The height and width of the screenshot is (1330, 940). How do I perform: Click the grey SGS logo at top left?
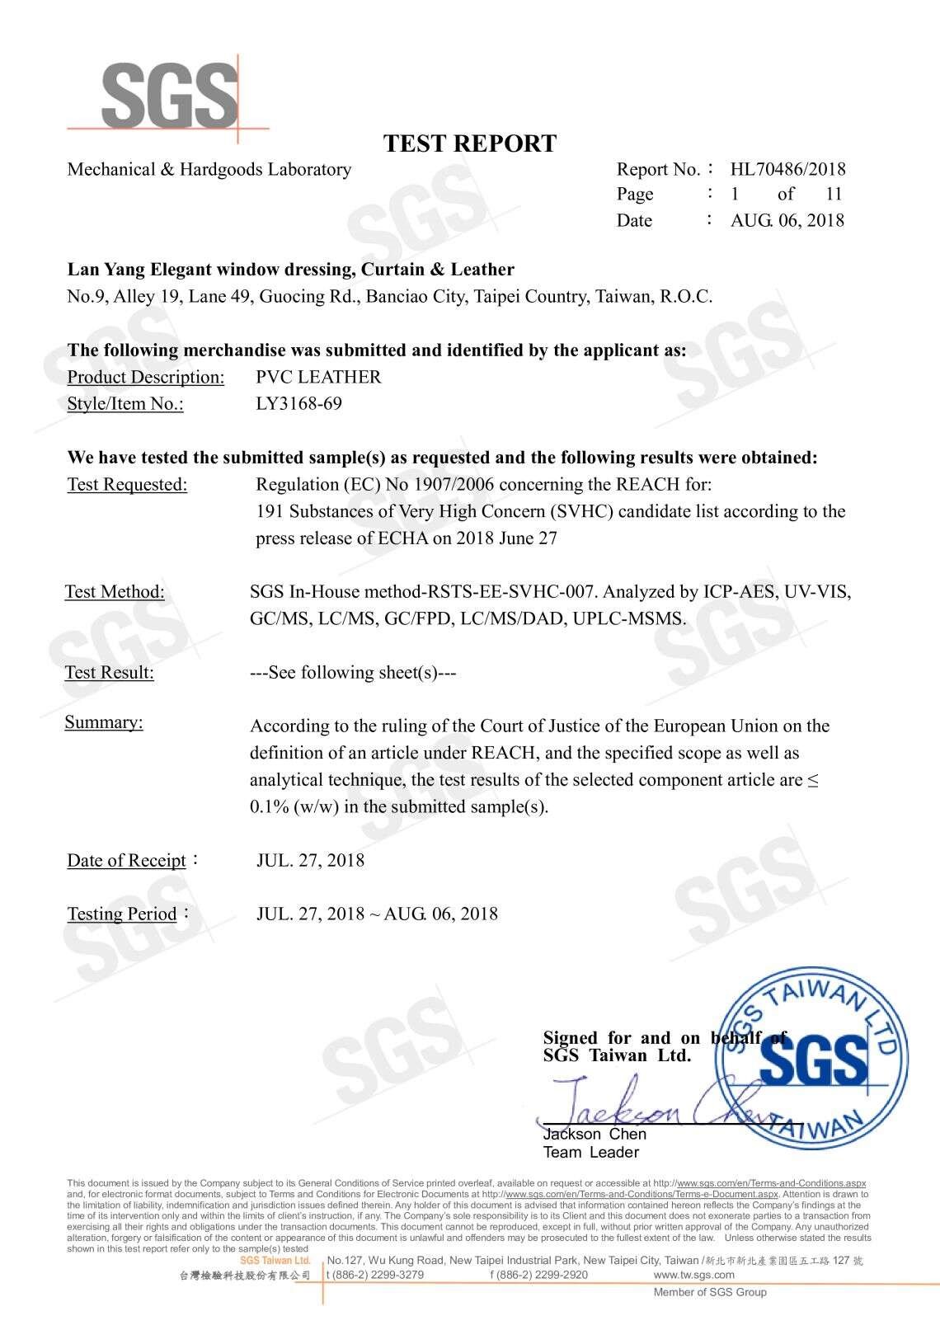pos(169,94)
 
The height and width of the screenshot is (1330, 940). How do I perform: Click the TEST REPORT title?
pos(470,143)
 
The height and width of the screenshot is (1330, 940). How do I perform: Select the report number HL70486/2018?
pos(787,169)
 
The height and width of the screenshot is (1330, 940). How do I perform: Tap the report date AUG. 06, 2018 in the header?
pos(787,220)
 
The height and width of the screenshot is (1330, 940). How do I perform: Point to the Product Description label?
pos(146,377)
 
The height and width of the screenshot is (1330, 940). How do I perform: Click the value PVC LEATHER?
pos(319,377)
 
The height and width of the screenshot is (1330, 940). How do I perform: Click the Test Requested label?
pos(127,484)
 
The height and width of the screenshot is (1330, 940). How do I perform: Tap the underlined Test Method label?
pos(115,591)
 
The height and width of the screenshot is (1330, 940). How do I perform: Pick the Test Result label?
pos(110,672)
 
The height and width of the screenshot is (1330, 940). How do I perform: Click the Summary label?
pos(104,722)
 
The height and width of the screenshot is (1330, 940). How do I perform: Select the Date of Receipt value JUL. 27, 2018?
pos(310,860)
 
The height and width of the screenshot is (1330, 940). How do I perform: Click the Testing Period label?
pos(122,914)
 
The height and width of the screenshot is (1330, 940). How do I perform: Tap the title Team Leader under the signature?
pos(590,1152)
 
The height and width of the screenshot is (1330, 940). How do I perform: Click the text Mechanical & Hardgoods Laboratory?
pos(209,169)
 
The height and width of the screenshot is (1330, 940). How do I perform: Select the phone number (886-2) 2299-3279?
pos(377,1274)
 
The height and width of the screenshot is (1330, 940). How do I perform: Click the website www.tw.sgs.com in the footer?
pos(693,1274)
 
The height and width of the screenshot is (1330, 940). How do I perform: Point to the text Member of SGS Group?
pos(710,1292)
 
